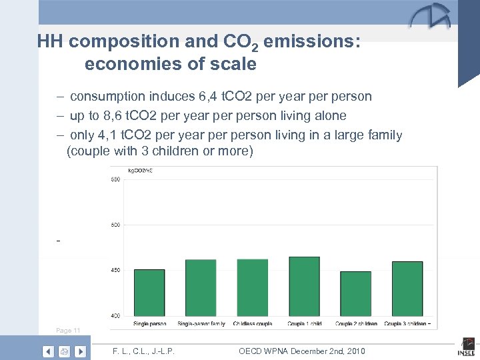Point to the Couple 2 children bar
(x=355, y=293)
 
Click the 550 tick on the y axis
(x=115, y=180)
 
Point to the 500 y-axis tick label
(x=115, y=225)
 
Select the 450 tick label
(x=115, y=270)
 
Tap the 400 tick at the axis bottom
(x=115, y=315)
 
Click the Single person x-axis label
(x=149, y=324)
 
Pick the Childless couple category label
(x=251, y=324)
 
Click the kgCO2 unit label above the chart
(x=140, y=171)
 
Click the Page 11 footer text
(x=68, y=331)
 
